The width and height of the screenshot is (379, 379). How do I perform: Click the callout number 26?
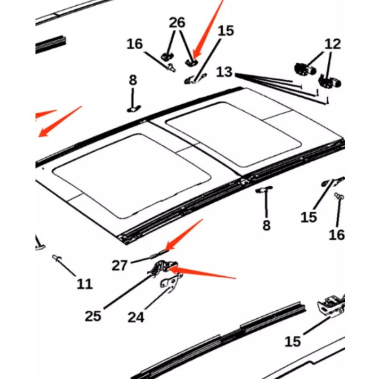coord(177,22)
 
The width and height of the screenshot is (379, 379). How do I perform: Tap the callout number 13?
coord(224,72)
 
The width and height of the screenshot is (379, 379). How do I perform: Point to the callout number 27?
coord(119,265)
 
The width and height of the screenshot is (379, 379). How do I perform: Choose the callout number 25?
coord(93,316)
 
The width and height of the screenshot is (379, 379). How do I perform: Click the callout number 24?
coord(136,317)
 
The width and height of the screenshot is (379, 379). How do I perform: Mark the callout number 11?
coord(85,284)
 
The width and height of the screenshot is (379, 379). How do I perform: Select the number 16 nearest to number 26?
coord(135,44)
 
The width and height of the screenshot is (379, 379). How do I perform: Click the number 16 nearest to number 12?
coord(337,235)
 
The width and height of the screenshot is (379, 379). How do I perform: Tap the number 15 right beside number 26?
coord(226,31)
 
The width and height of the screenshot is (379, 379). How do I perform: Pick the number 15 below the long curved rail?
coord(293,341)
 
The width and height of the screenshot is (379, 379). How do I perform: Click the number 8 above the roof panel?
coord(133,80)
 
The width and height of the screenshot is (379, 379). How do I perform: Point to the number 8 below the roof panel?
coord(266,225)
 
